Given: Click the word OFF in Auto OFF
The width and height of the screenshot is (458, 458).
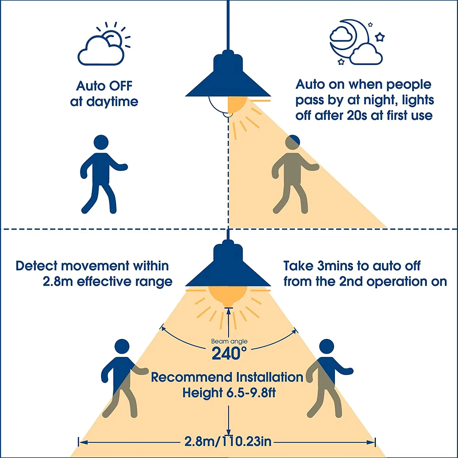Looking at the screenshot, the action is (121, 86).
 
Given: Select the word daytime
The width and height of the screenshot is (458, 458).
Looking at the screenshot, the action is (112, 102).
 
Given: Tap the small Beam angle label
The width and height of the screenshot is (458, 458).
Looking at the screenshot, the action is (229, 341).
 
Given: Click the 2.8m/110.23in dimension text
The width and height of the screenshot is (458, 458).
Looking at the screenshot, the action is (228, 442).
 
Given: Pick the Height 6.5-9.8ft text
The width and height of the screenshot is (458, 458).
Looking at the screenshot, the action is (229, 393).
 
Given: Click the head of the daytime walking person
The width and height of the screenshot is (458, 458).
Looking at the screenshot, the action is (101, 142).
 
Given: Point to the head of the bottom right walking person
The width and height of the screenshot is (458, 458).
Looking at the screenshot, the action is (326, 346).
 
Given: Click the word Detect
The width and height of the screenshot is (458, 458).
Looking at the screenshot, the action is (36, 266).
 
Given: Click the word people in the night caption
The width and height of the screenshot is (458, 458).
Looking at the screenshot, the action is (409, 85).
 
